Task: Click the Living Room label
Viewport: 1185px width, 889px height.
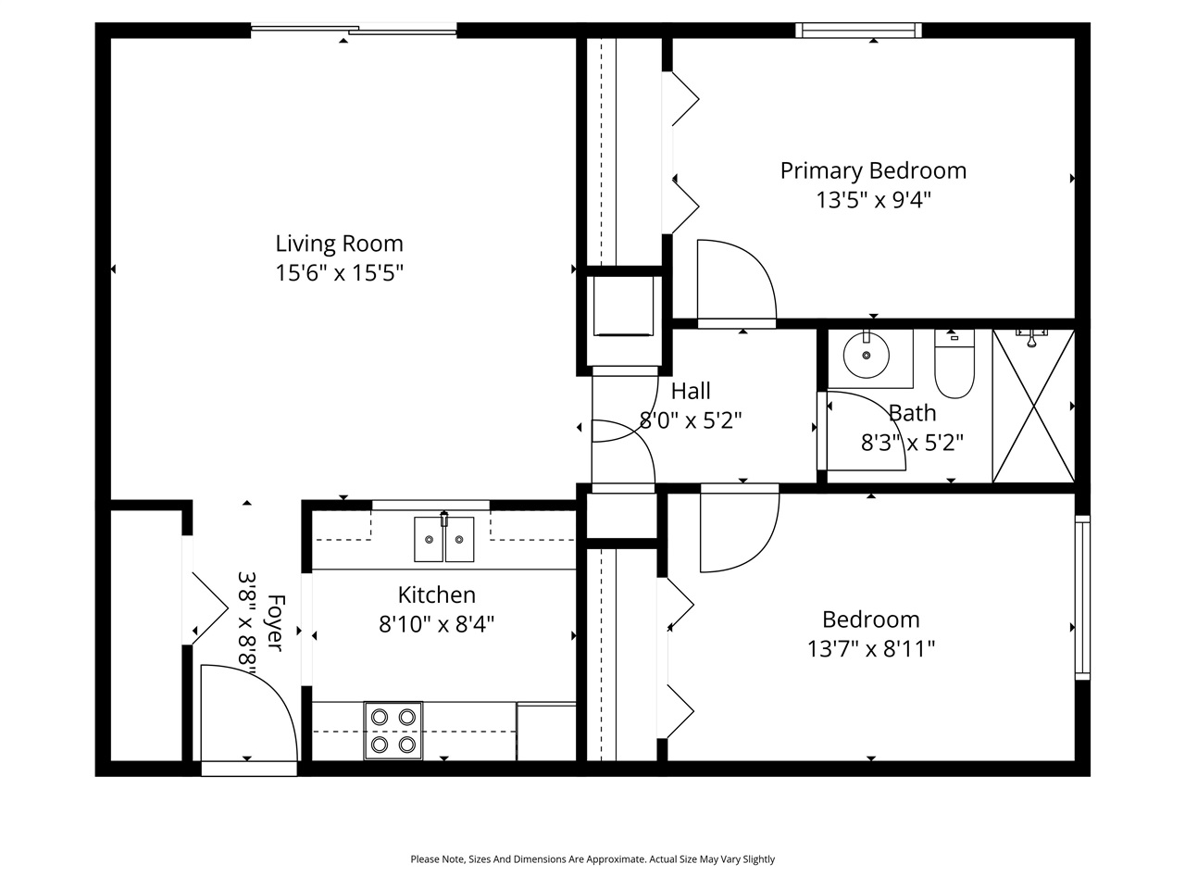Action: pyautogui.click(x=339, y=244)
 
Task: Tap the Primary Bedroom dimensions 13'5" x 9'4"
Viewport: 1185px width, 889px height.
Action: pyautogui.click(x=872, y=200)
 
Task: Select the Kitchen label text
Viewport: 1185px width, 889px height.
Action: pyautogui.click(x=436, y=595)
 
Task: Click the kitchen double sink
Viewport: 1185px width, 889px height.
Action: pyautogui.click(x=443, y=539)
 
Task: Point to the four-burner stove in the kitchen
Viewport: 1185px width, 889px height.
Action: pyautogui.click(x=393, y=730)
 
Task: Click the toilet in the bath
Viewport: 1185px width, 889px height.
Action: pyautogui.click(x=954, y=368)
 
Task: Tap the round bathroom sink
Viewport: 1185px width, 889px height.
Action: pyautogui.click(x=867, y=355)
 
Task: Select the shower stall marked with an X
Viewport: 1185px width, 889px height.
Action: pyautogui.click(x=1033, y=406)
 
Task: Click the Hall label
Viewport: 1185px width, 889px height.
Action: pyautogui.click(x=691, y=391)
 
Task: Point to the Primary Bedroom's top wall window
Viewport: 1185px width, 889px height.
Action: pyautogui.click(x=859, y=31)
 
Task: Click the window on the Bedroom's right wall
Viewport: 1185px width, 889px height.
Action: pyautogui.click(x=1081, y=597)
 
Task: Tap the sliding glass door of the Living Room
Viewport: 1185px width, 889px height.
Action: pyautogui.click(x=354, y=31)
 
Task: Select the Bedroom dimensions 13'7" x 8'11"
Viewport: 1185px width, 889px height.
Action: pyautogui.click(x=870, y=649)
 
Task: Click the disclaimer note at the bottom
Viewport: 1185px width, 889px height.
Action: pyautogui.click(x=592, y=859)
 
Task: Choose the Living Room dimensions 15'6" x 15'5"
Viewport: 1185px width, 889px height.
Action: pyautogui.click(x=339, y=273)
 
